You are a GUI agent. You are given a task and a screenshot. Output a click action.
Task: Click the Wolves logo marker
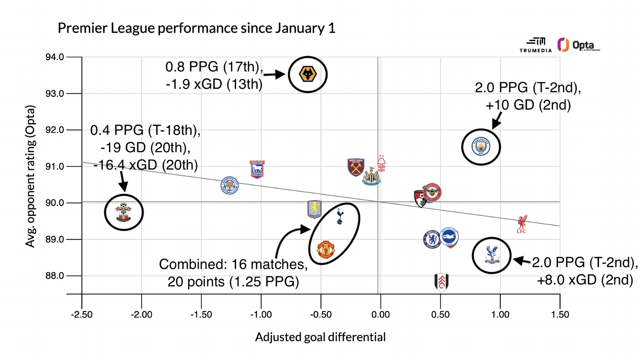coord(308,75)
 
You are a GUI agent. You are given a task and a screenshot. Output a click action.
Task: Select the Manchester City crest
coord(480,147)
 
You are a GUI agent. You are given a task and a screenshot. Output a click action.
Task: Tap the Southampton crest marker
coord(123,212)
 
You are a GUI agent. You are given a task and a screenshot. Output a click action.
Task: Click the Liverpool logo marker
coord(522,224)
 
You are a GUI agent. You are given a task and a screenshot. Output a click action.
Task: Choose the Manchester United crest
coord(326,250)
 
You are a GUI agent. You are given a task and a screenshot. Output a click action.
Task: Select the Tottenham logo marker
coord(339,216)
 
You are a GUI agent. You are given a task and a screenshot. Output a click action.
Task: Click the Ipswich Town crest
coord(257,169)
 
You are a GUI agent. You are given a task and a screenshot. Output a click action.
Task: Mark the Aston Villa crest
coord(314,209)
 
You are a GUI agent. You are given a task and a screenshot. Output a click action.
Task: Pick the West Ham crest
coord(356,167)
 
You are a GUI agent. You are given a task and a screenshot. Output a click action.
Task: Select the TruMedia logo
coord(533,45)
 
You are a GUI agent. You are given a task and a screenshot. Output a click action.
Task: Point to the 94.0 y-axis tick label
coord(55,57)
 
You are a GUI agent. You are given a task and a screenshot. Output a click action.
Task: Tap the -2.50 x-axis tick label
coord(81,315)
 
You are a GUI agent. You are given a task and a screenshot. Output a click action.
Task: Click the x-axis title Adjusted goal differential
coord(320,338)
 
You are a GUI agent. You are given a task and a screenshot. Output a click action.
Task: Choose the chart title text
coord(197,28)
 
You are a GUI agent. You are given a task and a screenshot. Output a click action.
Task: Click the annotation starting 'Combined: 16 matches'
coord(234,272)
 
